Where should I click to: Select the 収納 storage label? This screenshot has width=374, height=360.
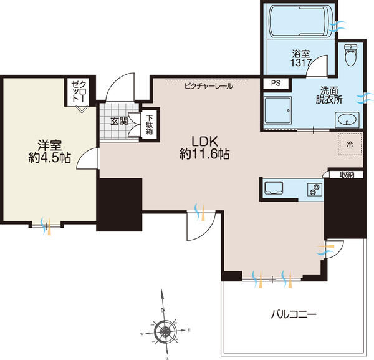coord(347,175)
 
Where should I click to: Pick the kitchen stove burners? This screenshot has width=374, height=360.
coord(313,189)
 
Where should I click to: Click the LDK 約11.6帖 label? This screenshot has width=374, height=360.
coord(204,147)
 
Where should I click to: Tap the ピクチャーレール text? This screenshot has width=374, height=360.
coord(208,86)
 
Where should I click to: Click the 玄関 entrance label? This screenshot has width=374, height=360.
coord(120,120)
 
